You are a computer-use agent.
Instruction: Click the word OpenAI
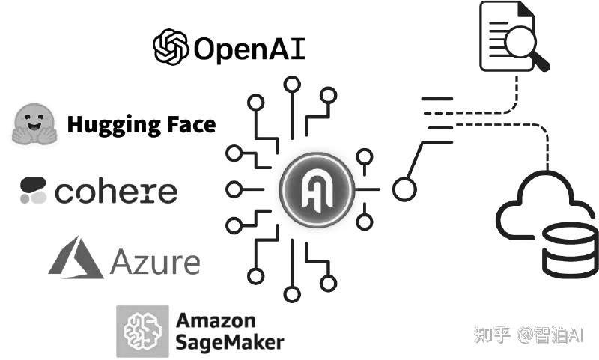click(249, 49)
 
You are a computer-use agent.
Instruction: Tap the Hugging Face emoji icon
click(34, 123)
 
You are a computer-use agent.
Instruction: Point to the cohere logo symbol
click(34, 191)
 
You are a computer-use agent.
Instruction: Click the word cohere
click(116, 192)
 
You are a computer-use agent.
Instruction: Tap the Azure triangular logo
click(75, 257)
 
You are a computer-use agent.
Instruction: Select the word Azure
click(155, 262)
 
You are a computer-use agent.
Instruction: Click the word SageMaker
click(230, 342)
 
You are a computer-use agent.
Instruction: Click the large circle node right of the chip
click(404, 189)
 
